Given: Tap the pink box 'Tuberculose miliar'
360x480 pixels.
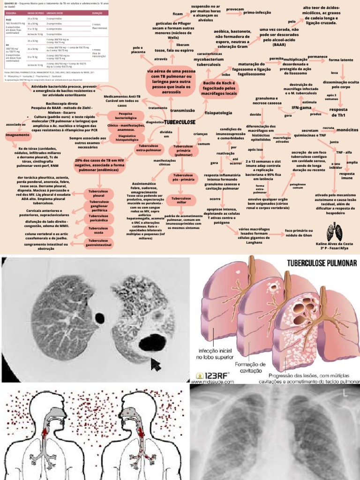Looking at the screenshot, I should click(x=180, y=201).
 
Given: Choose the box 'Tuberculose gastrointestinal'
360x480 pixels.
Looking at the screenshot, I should click(x=98, y=242).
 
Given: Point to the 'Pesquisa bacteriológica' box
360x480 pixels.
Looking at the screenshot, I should click(x=125, y=116).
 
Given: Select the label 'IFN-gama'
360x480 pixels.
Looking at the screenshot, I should click(x=302, y=108).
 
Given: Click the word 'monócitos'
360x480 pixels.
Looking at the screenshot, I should click(x=347, y=129).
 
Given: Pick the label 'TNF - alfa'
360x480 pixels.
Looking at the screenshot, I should click(x=344, y=152).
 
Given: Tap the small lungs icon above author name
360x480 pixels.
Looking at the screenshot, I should click(x=335, y=231).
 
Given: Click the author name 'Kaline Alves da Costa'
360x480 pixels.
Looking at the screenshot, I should click(x=335, y=244).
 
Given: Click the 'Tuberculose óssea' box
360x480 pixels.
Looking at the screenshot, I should click(x=98, y=230).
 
